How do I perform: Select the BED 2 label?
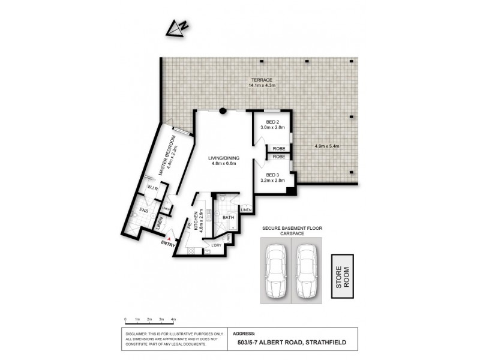pyautogui.click(x=274, y=122)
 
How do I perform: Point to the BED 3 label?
pyautogui.click(x=274, y=175)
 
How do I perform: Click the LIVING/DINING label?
pyautogui.click(x=224, y=158)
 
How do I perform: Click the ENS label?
pyautogui.click(x=144, y=211)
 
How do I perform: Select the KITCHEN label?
pyautogui.click(x=196, y=220)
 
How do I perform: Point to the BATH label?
pyautogui.click(x=228, y=218)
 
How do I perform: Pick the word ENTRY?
pyautogui.click(x=169, y=244)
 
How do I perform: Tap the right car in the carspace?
pyautogui.click(x=305, y=271)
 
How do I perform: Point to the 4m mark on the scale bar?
pyautogui.click(x=173, y=319)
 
